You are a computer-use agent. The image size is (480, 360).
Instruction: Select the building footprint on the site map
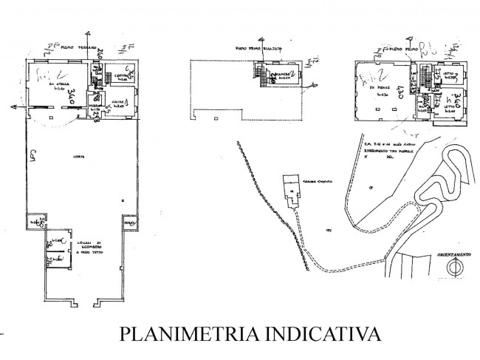pyautogui.click(x=291, y=190)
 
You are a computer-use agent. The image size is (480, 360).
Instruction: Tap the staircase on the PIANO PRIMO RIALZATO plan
pyautogui.click(x=260, y=74)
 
